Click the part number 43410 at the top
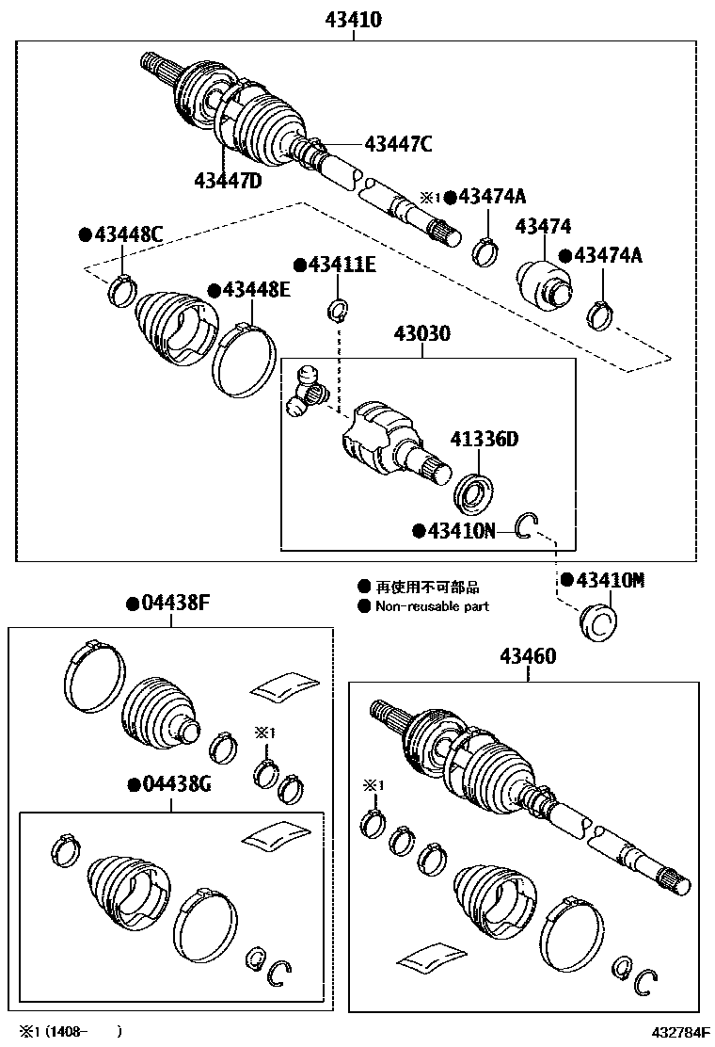[x=355, y=19]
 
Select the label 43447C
[x=398, y=144]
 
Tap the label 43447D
[x=228, y=180]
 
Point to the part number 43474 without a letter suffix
[x=543, y=227]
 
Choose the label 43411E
[x=341, y=266]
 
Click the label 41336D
[x=484, y=438]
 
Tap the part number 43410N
[x=461, y=531]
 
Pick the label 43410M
[x=610, y=580]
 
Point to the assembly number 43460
[x=528, y=657]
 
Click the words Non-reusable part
[x=432, y=607]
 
